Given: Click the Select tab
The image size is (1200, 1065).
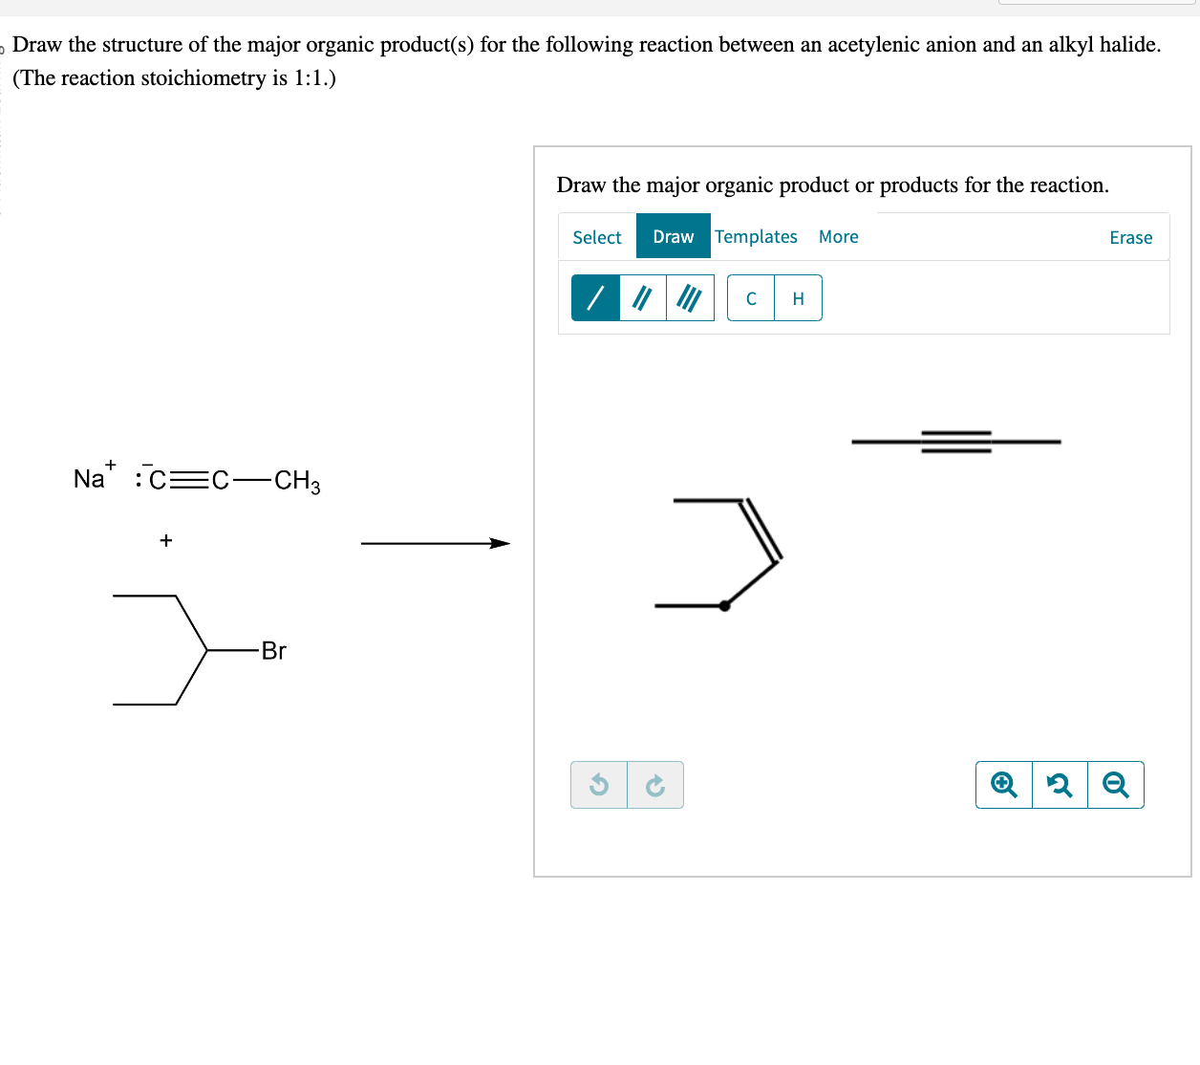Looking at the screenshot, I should click(597, 237).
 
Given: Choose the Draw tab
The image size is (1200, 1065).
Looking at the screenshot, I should click(674, 236).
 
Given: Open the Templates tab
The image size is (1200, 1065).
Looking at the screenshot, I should click(756, 236).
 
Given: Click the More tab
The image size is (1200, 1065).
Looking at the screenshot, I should click(838, 236).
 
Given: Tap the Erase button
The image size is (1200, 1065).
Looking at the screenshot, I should click(1130, 237).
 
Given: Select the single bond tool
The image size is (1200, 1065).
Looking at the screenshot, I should click(595, 298).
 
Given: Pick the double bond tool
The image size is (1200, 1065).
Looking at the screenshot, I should click(643, 298).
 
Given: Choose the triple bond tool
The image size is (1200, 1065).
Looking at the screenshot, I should click(690, 298).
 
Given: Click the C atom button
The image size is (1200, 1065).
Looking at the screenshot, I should click(751, 298).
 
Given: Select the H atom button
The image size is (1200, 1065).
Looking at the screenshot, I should click(798, 298).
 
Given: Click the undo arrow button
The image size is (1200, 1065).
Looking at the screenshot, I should click(599, 785).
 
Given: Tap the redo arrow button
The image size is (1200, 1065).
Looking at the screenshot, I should click(655, 785).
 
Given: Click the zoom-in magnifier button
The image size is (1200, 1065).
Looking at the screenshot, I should click(1003, 785).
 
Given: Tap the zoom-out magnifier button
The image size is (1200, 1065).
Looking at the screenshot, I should click(1115, 785).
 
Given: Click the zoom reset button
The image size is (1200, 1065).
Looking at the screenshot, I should click(1060, 785).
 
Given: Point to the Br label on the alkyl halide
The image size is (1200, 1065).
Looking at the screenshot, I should click(273, 651).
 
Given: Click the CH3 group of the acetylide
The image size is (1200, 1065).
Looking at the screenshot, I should click(297, 480).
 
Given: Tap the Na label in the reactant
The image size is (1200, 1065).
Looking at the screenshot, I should click(89, 479).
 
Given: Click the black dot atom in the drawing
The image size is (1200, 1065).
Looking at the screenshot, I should click(724, 605).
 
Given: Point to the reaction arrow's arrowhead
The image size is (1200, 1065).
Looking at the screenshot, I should click(501, 543).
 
